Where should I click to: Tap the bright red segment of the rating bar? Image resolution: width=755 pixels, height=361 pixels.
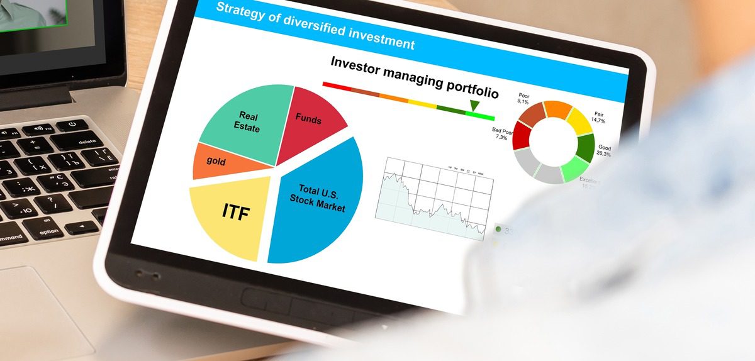(x=336, y=85)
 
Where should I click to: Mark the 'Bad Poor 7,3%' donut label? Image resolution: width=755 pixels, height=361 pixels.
(x=504, y=133)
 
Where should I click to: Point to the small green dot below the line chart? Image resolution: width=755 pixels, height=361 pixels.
(x=498, y=229)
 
